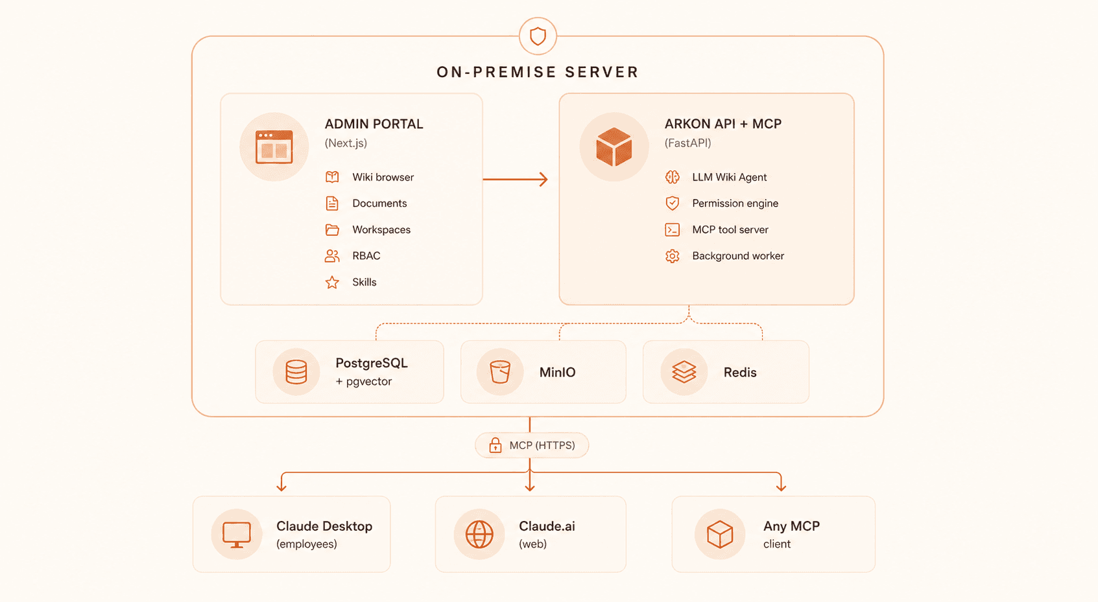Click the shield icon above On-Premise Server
(x=538, y=36)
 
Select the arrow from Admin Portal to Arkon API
(x=515, y=179)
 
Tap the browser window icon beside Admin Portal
(x=274, y=146)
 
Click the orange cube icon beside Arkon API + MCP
(x=614, y=146)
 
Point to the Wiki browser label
(x=383, y=178)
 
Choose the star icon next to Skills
(x=332, y=282)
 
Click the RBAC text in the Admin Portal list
(x=366, y=256)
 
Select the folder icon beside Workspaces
(x=332, y=229)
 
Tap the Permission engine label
(x=735, y=203)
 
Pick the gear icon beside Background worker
(x=672, y=256)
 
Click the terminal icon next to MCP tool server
(x=672, y=229)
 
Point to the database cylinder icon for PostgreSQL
(x=296, y=372)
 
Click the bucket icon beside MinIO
(x=500, y=372)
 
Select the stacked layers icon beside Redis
(x=684, y=372)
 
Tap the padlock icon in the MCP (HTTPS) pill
(x=495, y=445)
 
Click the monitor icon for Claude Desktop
(x=236, y=535)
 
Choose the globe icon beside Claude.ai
(x=479, y=534)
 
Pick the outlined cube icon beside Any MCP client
(x=720, y=534)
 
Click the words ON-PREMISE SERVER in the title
(x=538, y=72)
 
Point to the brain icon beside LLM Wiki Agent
(x=672, y=177)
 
